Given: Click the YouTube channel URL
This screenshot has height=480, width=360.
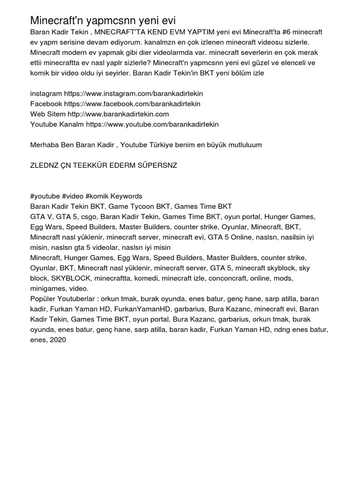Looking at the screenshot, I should pyautogui.click(x=152, y=124).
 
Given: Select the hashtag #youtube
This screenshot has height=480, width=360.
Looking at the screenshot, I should pyautogui.click(x=45, y=196).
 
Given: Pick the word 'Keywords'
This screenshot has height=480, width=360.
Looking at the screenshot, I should pyautogui.click(x=127, y=196).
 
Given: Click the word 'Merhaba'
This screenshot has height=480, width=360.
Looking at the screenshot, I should pyautogui.click(x=45, y=145).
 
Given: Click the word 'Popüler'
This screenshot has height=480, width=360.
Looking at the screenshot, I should pyautogui.click(x=44, y=299).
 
